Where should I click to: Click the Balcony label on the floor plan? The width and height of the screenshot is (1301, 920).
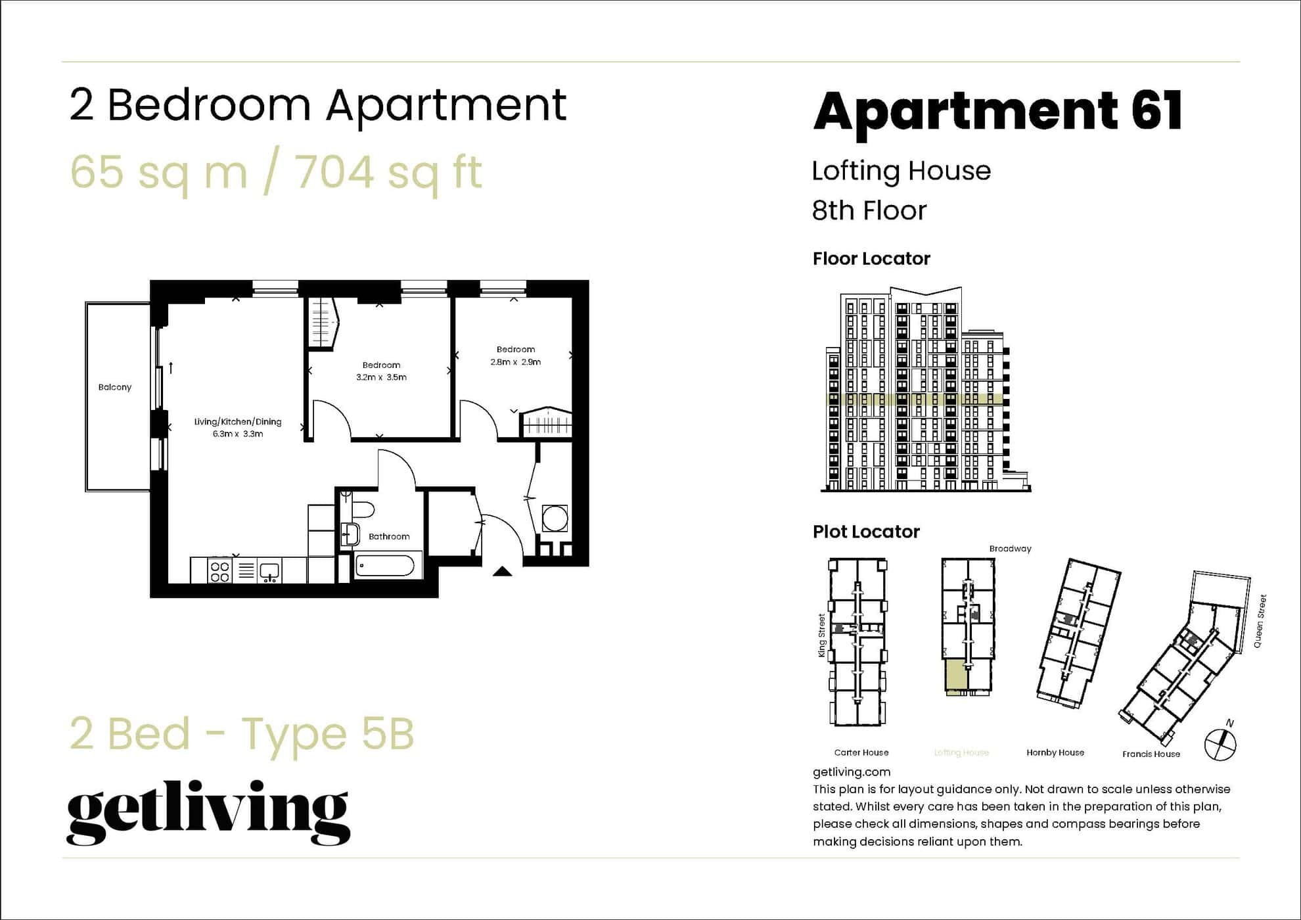click(115, 387)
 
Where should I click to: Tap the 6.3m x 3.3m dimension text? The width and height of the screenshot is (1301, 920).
click(238, 434)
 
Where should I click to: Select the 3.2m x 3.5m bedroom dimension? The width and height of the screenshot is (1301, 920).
click(381, 377)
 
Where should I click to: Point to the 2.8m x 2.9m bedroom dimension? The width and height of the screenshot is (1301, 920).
click(515, 361)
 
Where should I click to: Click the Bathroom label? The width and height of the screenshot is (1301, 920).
click(389, 536)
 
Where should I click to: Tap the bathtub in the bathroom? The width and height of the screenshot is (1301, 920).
click(384, 566)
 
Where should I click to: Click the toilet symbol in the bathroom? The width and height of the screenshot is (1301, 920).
click(360, 509)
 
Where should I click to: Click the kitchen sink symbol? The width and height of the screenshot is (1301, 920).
click(269, 571)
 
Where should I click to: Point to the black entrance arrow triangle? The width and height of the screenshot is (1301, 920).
click(503, 571)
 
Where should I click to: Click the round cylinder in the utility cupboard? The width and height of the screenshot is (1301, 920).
click(555, 518)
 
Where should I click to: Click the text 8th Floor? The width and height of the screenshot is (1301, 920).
click(869, 210)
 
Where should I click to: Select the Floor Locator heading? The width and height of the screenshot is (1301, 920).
click(871, 258)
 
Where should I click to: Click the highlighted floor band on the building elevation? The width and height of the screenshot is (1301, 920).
click(913, 399)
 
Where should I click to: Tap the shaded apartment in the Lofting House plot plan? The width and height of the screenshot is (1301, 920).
click(957, 676)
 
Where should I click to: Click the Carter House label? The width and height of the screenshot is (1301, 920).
click(861, 752)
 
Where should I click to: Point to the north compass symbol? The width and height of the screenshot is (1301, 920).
click(1220, 744)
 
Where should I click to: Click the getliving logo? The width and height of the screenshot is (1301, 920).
click(208, 812)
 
